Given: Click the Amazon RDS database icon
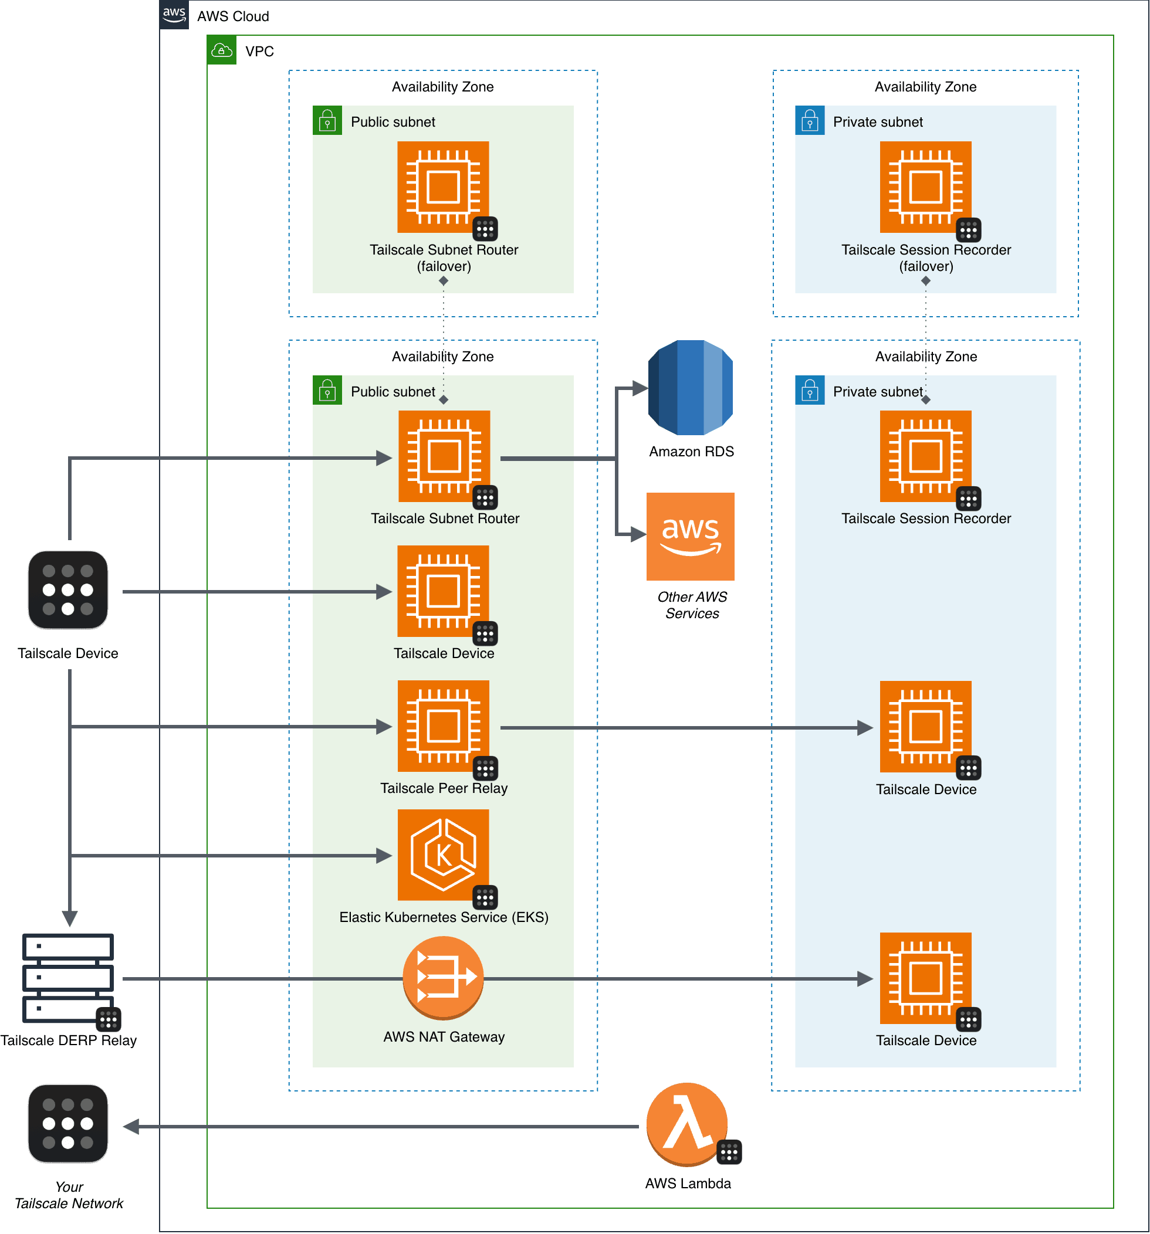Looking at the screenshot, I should (690, 387).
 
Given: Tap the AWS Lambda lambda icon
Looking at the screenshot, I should (686, 1124).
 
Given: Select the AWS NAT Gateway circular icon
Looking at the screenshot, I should (443, 977).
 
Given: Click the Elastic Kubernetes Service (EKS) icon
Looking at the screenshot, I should (443, 855).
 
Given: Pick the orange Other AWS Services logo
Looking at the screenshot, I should (690, 536).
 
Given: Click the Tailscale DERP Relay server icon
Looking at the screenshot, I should (67, 978).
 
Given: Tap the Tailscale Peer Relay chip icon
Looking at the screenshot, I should (443, 726).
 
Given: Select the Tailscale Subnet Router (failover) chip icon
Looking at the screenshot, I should (443, 187).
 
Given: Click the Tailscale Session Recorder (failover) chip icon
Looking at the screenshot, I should (925, 187).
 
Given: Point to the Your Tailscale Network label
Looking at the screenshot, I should (69, 1195).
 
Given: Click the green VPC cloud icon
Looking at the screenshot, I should (222, 50).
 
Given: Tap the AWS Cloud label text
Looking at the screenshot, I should (233, 16).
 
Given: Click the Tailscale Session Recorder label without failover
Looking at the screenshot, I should (925, 518).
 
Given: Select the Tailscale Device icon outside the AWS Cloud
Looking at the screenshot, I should (67, 589).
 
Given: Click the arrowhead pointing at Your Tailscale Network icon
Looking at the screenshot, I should (131, 1126).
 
